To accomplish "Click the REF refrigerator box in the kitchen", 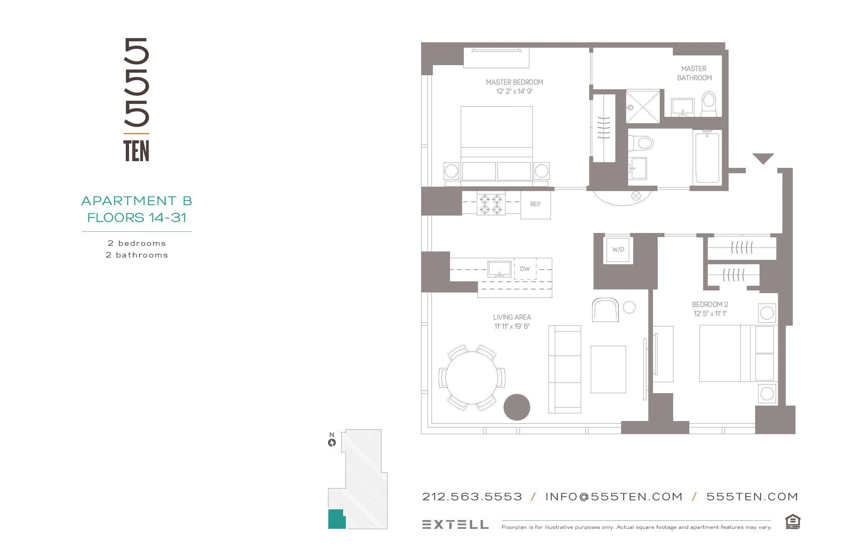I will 535,204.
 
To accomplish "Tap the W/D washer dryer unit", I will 618,249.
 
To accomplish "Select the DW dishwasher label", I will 525,269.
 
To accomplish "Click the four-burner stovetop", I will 491,204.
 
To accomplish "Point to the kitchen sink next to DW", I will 499,269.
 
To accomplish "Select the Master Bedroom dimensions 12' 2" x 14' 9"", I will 514,91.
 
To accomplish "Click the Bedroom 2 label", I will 710,304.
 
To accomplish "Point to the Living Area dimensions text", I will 512,326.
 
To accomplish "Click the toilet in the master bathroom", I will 709,104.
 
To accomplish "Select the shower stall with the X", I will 643,106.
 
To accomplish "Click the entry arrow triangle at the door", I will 763,158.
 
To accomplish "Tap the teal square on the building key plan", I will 336,519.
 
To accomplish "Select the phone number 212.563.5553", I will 472,497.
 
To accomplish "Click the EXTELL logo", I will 455,524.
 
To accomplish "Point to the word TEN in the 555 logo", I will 136,151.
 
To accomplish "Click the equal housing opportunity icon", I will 792,522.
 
